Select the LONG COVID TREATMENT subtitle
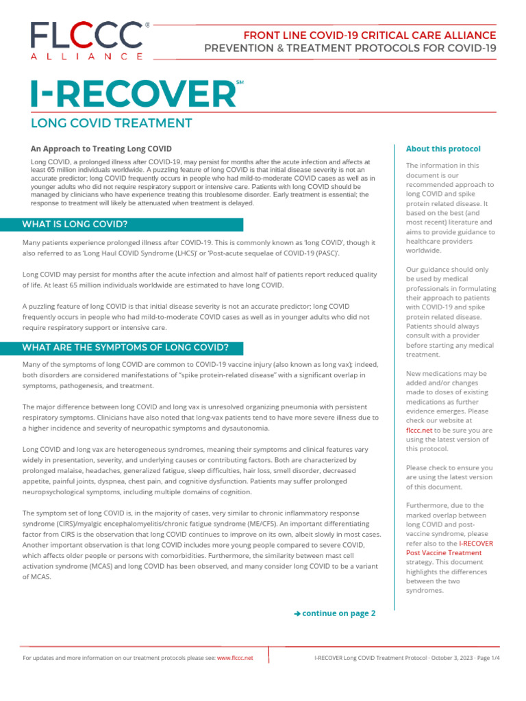tap(111, 123)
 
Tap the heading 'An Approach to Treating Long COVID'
tap(101, 149)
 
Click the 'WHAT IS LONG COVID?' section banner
tap(75, 224)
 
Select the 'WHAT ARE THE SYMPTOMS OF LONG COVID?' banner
tap(125, 347)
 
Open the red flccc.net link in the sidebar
tap(418, 431)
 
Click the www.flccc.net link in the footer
tap(235, 657)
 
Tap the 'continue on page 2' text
tap(338, 613)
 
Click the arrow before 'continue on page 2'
tap(297, 613)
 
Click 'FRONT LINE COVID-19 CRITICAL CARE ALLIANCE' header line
tap(370, 35)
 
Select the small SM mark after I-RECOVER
tap(239, 83)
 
